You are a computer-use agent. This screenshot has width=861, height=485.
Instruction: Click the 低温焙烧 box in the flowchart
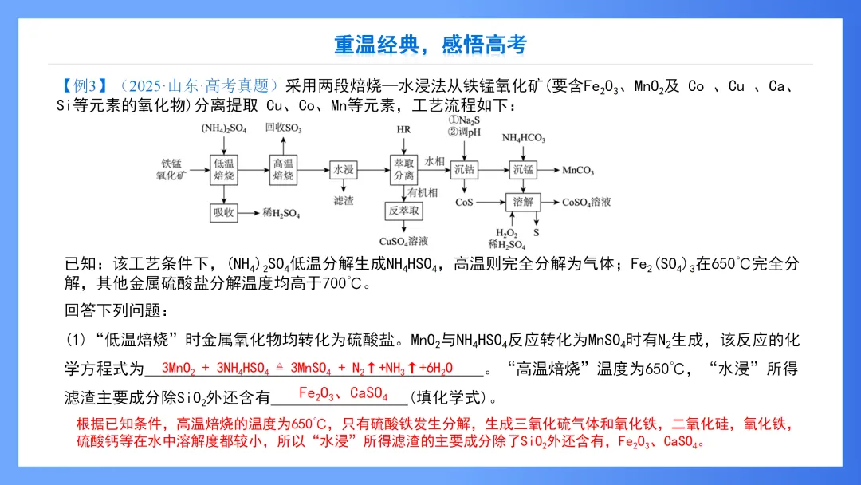223,169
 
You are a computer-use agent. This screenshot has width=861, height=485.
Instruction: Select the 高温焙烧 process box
284,169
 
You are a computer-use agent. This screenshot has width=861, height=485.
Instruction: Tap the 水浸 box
344,169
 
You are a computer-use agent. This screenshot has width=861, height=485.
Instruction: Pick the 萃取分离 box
403,169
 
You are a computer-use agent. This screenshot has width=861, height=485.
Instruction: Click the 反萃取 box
403,211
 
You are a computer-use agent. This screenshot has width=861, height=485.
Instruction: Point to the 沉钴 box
464,169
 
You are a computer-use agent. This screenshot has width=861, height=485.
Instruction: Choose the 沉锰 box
523,169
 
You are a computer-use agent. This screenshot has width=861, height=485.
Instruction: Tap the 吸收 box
223,213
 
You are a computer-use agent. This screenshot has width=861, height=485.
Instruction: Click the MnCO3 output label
578,170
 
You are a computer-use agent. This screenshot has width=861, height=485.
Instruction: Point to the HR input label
403,129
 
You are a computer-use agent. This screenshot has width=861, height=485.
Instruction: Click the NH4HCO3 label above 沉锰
523,138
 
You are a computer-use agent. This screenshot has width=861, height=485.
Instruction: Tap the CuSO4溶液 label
403,241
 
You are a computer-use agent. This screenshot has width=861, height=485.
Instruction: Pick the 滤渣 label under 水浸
344,201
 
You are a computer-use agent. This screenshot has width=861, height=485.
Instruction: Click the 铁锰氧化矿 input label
171,169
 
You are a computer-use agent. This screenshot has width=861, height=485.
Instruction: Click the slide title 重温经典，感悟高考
431,45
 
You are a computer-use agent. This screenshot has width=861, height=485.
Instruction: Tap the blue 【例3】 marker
84,86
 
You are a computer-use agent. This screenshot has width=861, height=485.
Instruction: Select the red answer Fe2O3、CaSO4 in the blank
343,394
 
